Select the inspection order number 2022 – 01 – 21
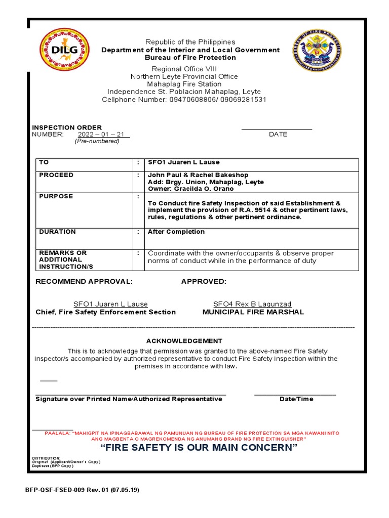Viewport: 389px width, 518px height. (103, 135)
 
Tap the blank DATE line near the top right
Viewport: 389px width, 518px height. (277, 129)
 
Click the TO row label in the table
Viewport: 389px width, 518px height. (44, 162)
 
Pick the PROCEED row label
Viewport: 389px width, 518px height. (56, 175)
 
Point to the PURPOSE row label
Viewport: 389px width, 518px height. (56, 196)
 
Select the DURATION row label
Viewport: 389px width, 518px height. (57, 232)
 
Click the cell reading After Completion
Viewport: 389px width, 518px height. (176, 232)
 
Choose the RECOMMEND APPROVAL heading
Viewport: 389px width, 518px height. (84, 281)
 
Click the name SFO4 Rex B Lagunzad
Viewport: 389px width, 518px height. (252, 304)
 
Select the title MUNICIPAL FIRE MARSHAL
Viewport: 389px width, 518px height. (253, 312)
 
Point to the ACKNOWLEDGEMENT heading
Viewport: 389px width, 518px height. (184, 341)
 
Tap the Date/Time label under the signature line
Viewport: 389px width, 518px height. (296, 399)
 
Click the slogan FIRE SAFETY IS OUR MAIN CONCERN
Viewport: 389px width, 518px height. (199, 449)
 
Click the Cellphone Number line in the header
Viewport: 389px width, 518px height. (184, 100)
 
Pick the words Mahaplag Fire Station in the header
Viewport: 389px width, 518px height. (184, 84)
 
